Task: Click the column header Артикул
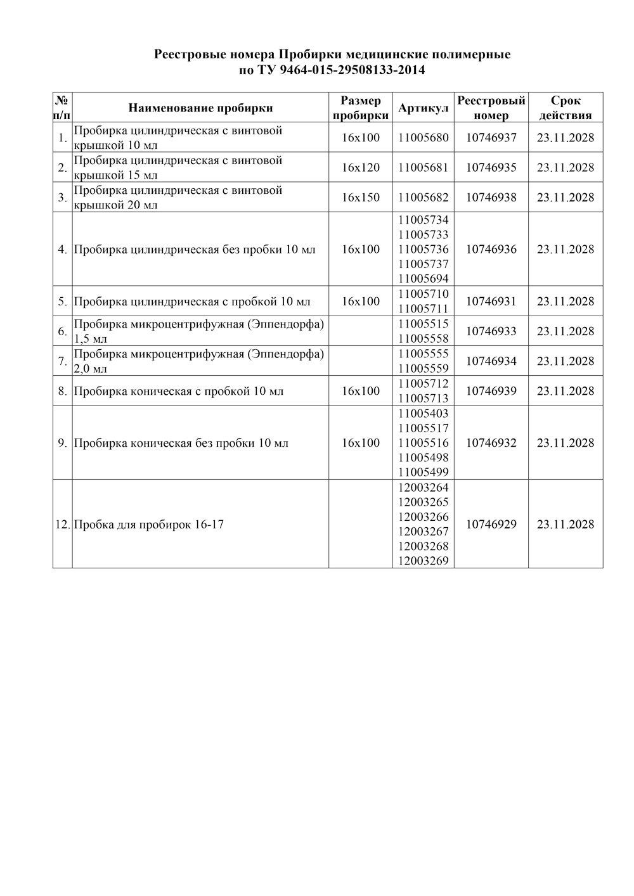[x=423, y=108]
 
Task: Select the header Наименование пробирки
[x=200, y=108]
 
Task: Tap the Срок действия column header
[x=566, y=108]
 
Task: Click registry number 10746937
[x=491, y=138]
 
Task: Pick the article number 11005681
[x=423, y=167]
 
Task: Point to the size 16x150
[x=360, y=197]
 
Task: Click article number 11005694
[x=423, y=279]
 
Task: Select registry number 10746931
[x=491, y=301]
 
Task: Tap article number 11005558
[x=423, y=338]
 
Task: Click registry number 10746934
[x=491, y=361]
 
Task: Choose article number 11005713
[x=423, y=398]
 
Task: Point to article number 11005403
[x=423, y=413]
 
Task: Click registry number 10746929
[x=491, y=524]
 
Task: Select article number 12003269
[x=423, y=561]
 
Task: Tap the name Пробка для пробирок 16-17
[x=149, y=525]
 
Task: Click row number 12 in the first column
[x=62, y=525]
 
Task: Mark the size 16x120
[x=360, y=167]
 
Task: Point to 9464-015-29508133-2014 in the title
[x=351, y=70]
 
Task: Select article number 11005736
[x=423, y=249]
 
